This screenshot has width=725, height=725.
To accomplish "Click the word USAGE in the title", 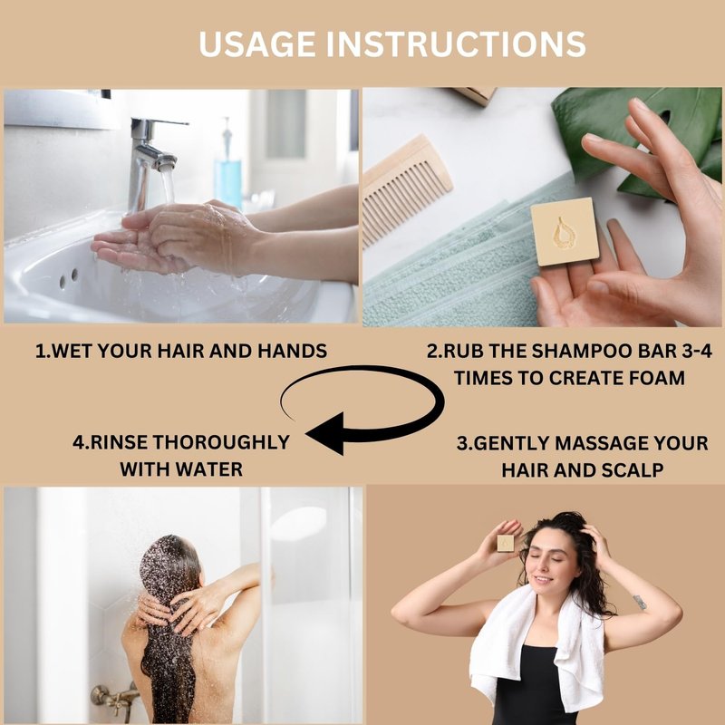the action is click(257, 44).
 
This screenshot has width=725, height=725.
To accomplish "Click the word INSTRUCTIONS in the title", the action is click(457, 44).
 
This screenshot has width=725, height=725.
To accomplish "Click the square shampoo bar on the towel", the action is click(565, 232).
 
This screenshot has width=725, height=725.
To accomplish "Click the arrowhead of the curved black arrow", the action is click(325, 434).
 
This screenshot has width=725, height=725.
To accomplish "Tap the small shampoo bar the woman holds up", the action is click(506, 543).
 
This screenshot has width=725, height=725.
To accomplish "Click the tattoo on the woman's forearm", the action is click(640, 602).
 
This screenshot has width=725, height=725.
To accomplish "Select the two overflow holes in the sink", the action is click(69, 278).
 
